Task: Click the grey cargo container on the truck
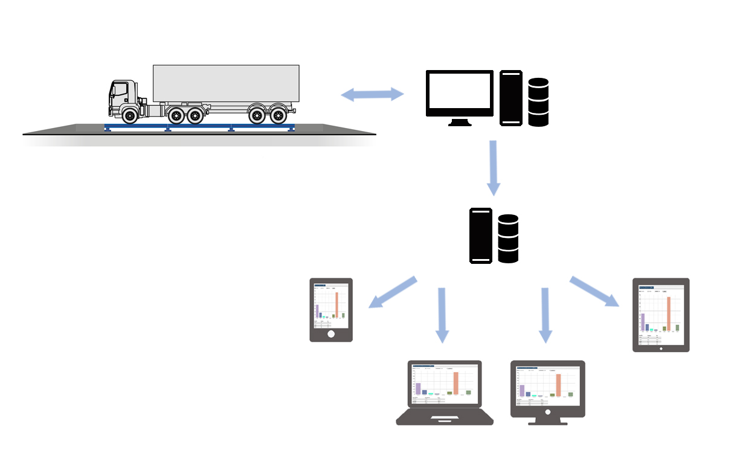[x=226, y=83]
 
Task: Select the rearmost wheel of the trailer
[x=278, y=114]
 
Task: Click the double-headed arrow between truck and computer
[x=373, y=94]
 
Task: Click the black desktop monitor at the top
[x=460, y=93]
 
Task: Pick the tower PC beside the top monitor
[x=510, y=98]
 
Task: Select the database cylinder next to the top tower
[x=538, y=102]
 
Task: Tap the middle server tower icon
[x=481, y=235]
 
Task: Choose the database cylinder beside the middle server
[x=508, y=239]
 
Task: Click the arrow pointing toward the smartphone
[x=393, y=292]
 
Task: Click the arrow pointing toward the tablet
[x=595, y=292]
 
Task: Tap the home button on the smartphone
[x=331, y=334]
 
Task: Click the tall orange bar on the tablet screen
[x=669, y=314]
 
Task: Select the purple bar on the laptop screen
[x=417, y=388]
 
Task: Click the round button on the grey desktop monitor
[x=548, y=412]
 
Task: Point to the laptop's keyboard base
[x=445, y=418]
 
